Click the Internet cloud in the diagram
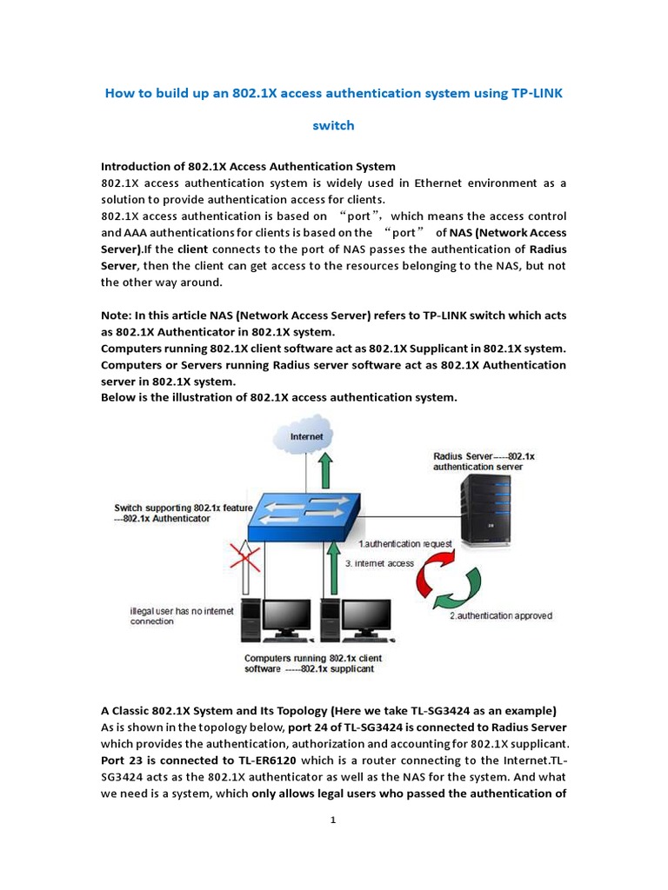306,438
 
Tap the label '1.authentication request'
405,543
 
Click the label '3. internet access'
379,563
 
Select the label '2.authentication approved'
500,616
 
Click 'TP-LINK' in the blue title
533,92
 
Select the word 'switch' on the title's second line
333,125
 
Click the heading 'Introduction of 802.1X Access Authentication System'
248,166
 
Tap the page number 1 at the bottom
333,820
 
